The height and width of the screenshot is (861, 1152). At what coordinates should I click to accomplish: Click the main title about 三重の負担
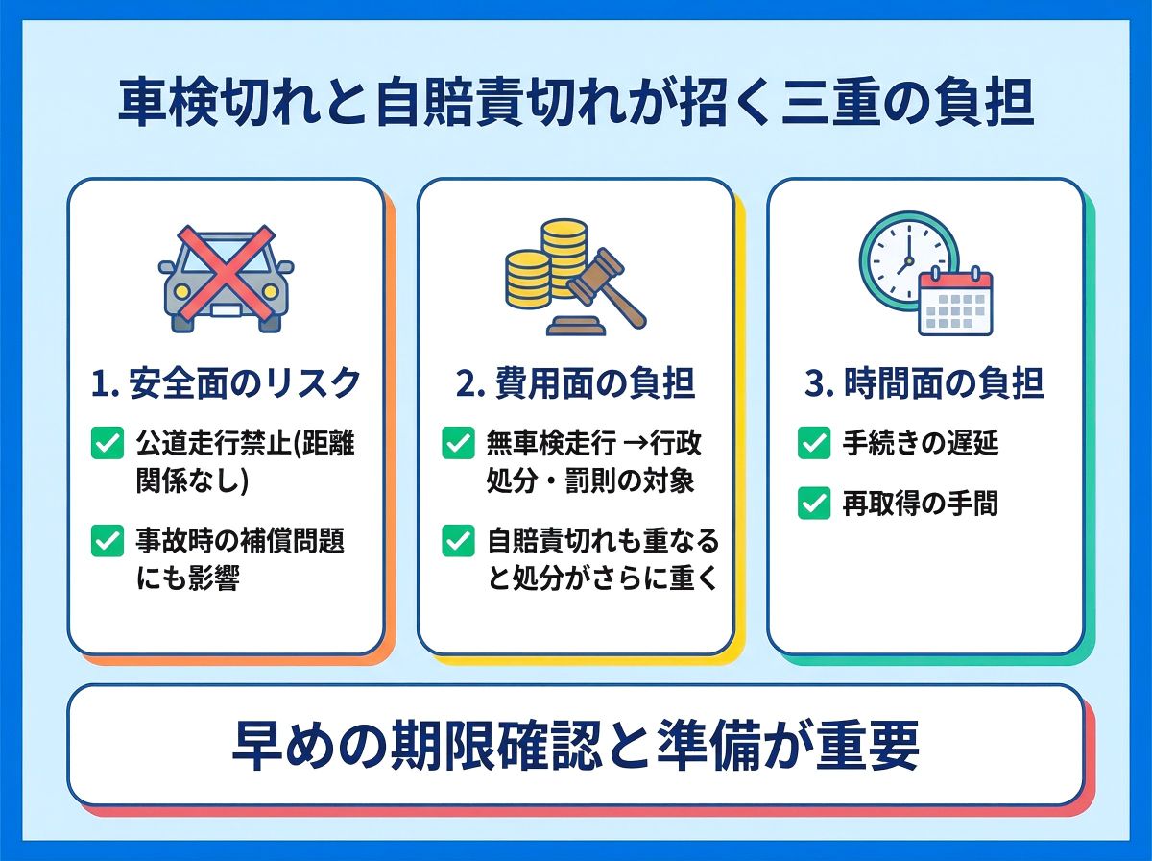coord(575,105)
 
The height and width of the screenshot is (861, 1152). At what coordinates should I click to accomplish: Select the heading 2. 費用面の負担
coord(575,384)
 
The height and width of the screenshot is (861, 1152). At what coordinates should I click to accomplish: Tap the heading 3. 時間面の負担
coord(924,384)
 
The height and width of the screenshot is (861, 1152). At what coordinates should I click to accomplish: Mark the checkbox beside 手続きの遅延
coord(813,443)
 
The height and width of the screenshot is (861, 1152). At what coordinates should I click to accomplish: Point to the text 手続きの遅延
coord(921,443)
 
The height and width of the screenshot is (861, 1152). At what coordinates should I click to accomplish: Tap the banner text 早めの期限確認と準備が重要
coord(575,746)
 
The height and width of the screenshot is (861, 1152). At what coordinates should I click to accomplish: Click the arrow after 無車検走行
coord(635,444)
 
